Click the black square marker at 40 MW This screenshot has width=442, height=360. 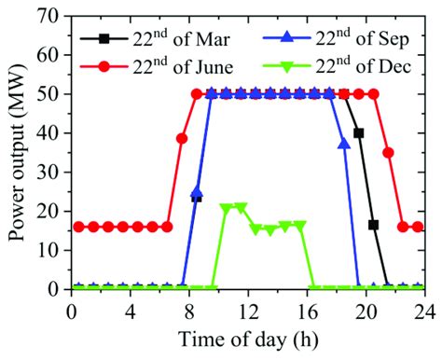(x=359, y=132)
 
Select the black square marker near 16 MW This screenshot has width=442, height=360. (x=374, y=225)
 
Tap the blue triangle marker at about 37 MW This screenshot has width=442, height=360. (x=344, y=144)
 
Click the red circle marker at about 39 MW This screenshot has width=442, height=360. (x=182, y=138)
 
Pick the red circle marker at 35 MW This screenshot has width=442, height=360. (x=389, y=152)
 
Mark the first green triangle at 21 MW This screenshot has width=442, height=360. (x=226, y=207)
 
